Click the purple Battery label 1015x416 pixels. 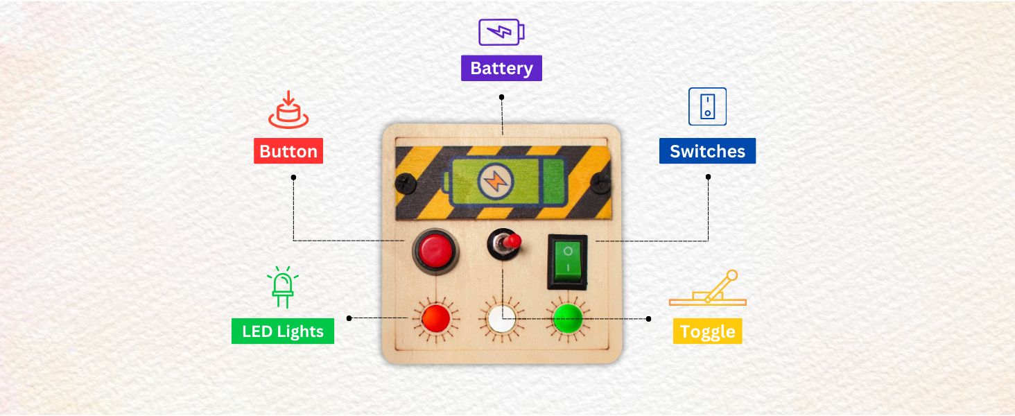click(x=501, y=69)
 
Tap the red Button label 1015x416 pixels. click(x=288, y=151)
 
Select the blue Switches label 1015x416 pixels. click(x=707, y=151)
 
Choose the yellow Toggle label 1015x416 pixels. click(x=707, y=331)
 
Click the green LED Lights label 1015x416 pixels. click(x=282, y=331)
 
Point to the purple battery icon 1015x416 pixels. click(x=501, y=32)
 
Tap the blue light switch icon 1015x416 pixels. click(x=707, y=106)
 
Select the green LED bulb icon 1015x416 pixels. click(x=282, y=286)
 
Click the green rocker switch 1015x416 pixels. click(x=568, y=261)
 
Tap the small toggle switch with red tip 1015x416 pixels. click(x=505, y=244)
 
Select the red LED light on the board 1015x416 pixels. click(x=435, y=318)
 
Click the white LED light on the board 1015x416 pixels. click(x=501, y=319)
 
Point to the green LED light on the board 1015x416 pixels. click(x=567, y=318)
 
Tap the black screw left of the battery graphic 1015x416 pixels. click(x=404, y=183)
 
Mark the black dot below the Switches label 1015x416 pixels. click(x=708, y=177)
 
